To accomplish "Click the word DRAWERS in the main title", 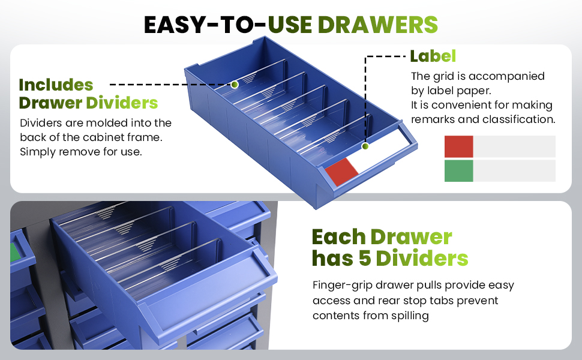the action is pos(377,25).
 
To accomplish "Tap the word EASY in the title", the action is pos(175,25).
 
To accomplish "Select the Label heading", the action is pos(433,56).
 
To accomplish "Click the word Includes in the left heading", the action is pos(56,85).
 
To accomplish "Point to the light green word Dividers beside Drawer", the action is pos(122,103).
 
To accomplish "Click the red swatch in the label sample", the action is pos(459,146).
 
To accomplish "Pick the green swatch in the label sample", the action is pos(459,171).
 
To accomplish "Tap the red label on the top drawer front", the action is pos(341,172).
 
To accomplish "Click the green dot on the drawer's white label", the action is pos(365,146).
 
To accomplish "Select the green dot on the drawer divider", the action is pos(235,85).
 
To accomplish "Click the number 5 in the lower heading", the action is pos(365,259).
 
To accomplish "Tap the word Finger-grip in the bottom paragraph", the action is pos(342,286).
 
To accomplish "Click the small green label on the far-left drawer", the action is pos(14,253).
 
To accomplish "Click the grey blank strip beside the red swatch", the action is pos(514,146).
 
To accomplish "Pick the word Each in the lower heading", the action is pos(338,237).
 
